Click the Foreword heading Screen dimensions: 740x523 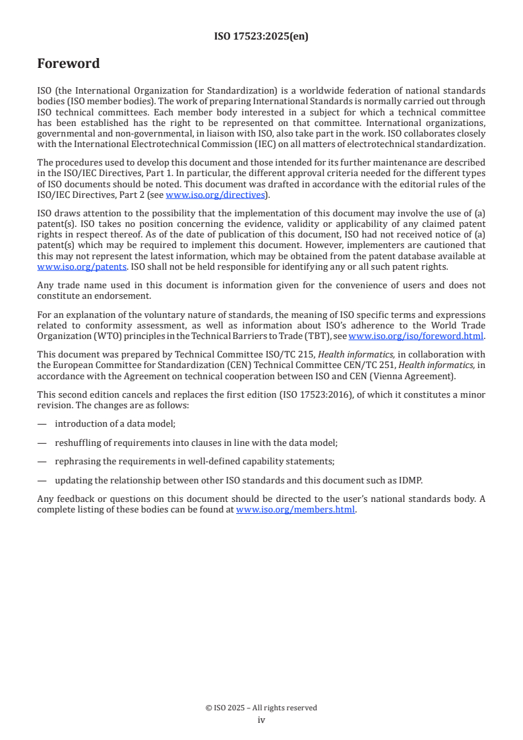pyautogui.click(x=69, y=64)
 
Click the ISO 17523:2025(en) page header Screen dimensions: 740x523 pyautogui.click(x=261, y=37)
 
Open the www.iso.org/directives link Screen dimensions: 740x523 pyautogui.click(x=215, y=195)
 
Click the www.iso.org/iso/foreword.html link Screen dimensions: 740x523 pyautogui.click(x=415, y=335)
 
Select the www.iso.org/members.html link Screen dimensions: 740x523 pyautogui.click(x=295, y=509)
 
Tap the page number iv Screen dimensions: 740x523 pyautogui.click(x=261, y=720)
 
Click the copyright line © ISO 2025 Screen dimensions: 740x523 pyautogui.click(x=261, y=708)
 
